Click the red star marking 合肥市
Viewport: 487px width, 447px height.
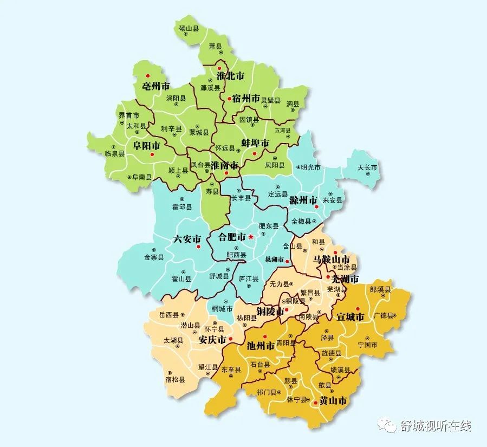251,237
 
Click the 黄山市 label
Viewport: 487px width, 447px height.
333,401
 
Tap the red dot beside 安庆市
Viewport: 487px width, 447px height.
231,339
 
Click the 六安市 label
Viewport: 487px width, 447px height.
187,239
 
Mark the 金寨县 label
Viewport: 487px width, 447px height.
154,258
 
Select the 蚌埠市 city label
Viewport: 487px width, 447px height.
255,144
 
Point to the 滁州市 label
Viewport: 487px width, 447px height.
303,200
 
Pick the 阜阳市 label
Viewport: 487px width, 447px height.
147,146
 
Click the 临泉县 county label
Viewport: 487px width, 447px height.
115,153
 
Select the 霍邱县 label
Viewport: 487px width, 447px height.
181,207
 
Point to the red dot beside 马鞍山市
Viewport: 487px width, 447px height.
335,252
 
